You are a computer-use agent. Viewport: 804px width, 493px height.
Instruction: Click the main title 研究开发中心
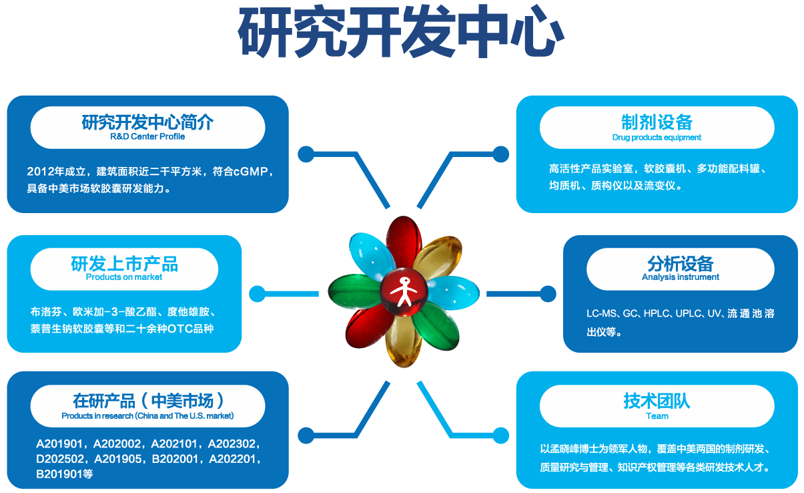tap(402, 33)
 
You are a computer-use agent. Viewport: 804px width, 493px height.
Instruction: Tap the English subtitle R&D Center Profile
tap(147, 136)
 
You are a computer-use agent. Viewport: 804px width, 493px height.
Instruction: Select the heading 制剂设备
tap(657, 122)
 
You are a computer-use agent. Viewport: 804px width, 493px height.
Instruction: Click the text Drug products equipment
tap(657, 138)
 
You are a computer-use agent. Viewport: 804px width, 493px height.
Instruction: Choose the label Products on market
tap(124, 277)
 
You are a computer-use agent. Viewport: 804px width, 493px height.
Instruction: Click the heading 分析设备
tap(680, 263)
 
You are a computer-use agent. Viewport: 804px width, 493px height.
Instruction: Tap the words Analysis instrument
tap(680, 277)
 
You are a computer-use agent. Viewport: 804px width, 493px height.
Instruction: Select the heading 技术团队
tap(657, 400)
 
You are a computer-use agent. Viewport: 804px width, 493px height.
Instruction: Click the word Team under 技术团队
tap(657, 416)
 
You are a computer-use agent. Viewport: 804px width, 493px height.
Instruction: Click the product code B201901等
tap(64, 474)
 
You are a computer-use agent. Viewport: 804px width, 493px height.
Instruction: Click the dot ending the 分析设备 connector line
tap(548, 293)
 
